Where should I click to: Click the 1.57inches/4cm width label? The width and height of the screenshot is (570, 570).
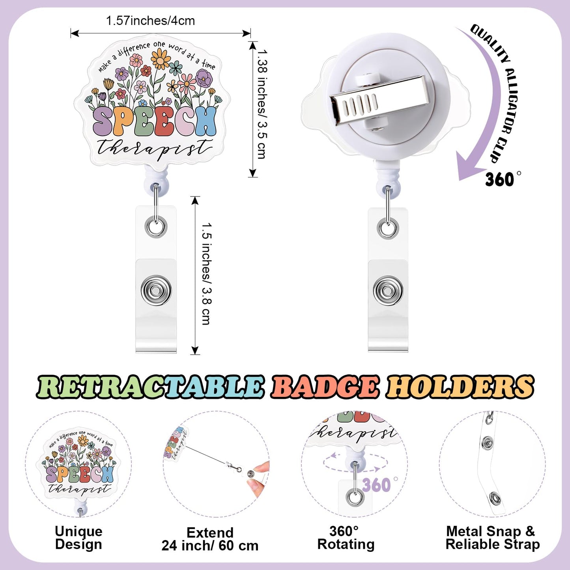(x=150, y=21)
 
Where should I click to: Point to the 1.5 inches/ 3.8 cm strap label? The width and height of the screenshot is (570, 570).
(x=206, y=274)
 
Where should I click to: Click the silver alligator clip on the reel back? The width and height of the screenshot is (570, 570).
(x=378, y=97)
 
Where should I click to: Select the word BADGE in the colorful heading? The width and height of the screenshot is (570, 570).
(x=325, y=387)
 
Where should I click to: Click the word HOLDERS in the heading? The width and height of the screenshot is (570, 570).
(x=460, y=387)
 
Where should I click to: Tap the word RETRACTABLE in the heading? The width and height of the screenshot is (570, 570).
(x=150, y=387)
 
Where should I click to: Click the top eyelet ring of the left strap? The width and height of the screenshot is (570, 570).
(x=156, y=227)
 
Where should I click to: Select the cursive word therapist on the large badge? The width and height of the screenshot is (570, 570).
(x=155, y=147)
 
